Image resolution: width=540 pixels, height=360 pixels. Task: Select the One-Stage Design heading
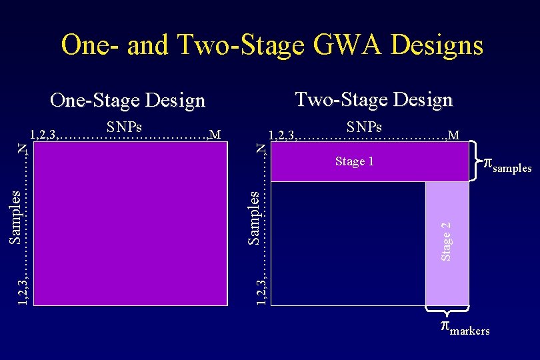pos(128,101)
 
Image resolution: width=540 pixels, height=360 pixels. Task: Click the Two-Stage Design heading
pos(373,99)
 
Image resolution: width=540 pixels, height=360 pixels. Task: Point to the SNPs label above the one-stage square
pos(124,127)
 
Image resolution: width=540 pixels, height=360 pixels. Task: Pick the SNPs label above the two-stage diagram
pos(364,127)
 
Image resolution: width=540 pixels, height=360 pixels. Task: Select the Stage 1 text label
pos(354,161)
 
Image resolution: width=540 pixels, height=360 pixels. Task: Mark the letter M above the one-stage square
pos(215,135)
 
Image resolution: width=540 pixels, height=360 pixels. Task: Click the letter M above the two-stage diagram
pos(453,135)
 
